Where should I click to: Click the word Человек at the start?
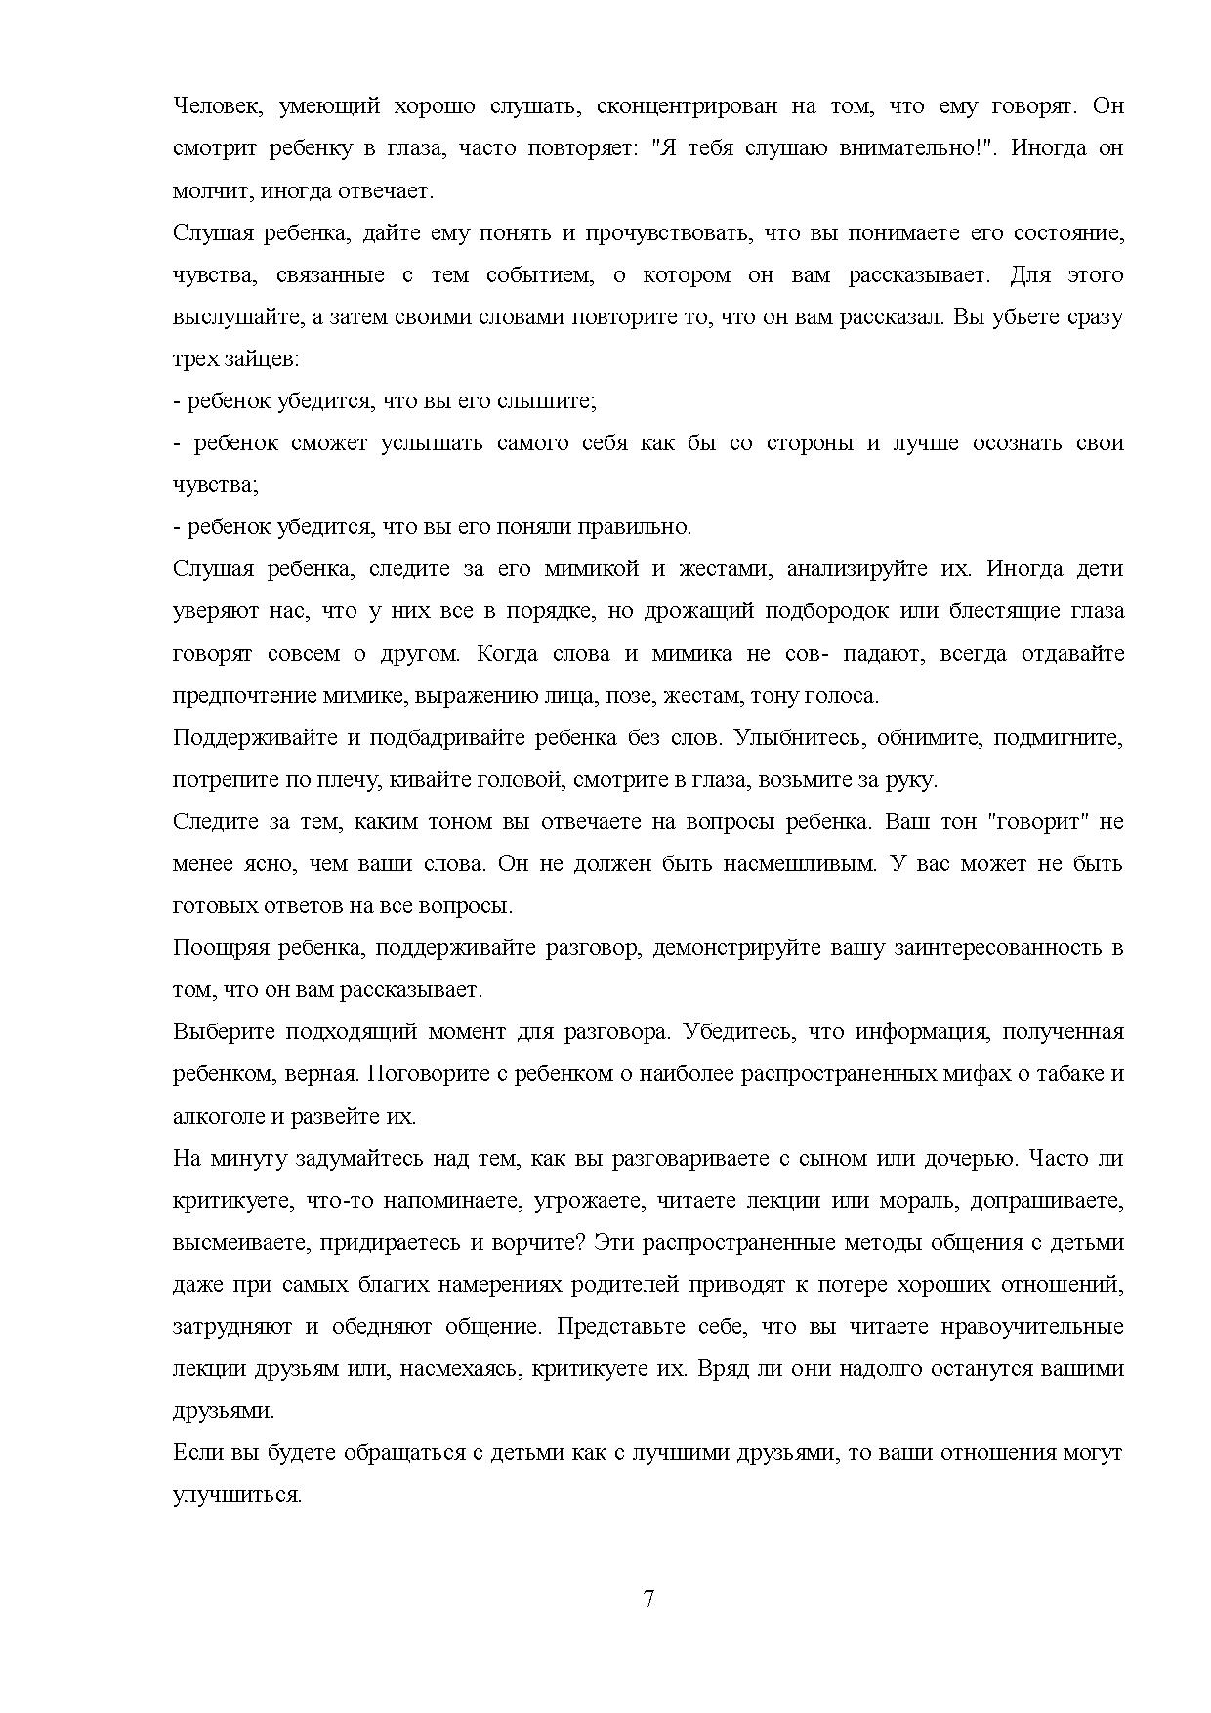(217, 105)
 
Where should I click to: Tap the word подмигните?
(1058, 737)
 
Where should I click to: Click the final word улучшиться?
(237, 1495)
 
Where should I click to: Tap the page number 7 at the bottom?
(649, 1599)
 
